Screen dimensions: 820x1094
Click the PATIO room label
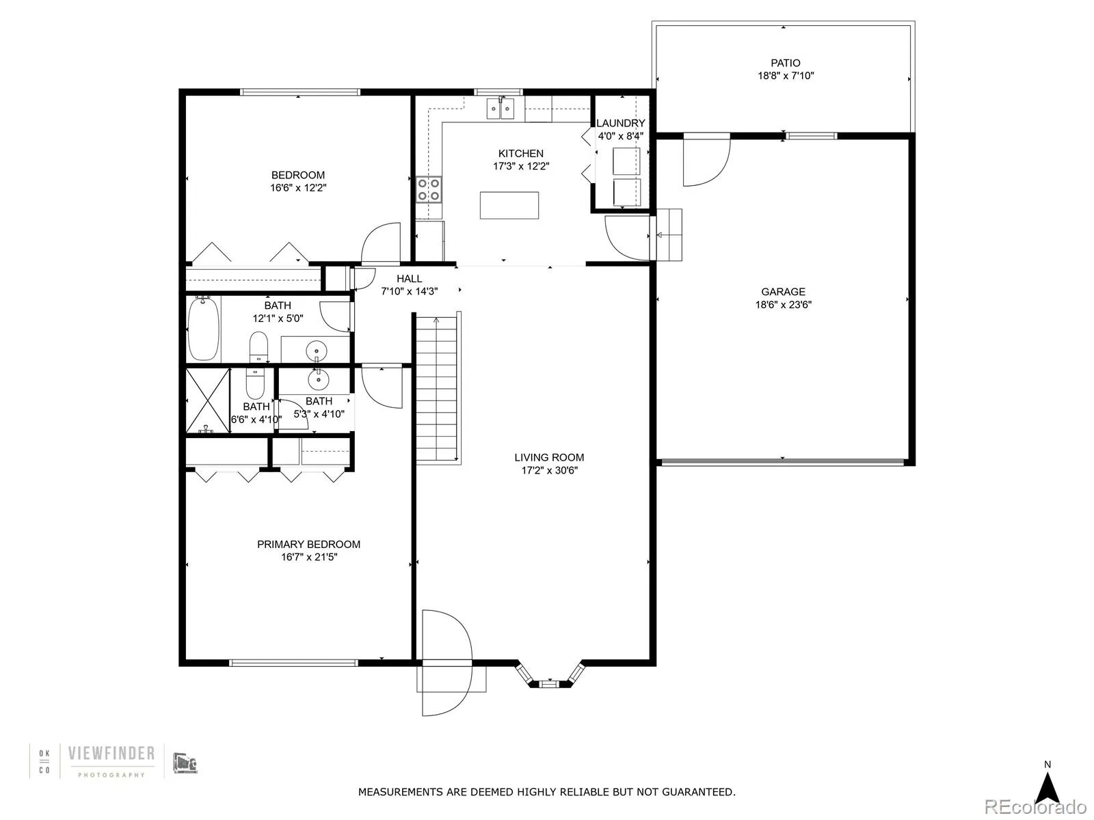785,63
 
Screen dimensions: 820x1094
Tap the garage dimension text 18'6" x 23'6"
783,305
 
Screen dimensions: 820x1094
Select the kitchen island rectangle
509,205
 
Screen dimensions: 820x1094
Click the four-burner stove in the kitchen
429,189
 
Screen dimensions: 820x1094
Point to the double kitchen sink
500,108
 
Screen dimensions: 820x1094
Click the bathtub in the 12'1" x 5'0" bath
203,329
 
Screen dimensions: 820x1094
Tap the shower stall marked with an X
209,400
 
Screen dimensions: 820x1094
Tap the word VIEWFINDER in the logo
111,753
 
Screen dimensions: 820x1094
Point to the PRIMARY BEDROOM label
308,545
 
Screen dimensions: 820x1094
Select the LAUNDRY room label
620,123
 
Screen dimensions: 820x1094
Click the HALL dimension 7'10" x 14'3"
409,291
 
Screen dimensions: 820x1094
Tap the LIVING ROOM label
549,458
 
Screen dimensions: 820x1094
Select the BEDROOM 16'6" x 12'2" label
297,175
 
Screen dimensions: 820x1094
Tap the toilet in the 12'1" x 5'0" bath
258,347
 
